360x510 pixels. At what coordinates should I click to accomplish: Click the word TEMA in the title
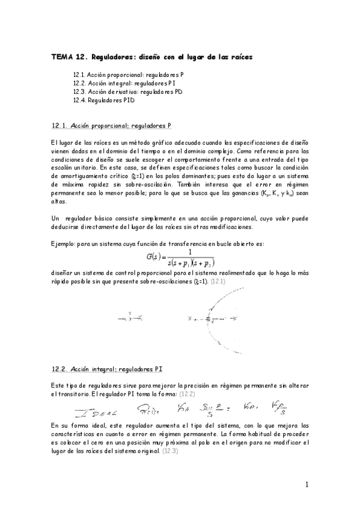point(60,57)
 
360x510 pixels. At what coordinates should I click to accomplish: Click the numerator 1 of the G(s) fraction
point(190,235)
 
